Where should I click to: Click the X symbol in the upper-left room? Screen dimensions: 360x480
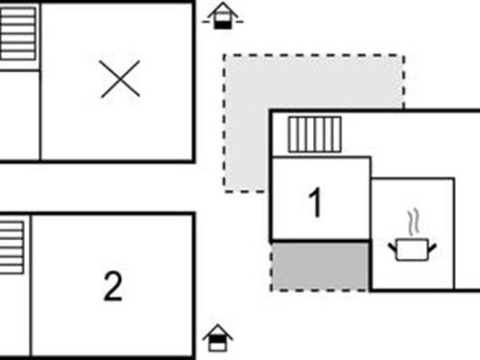[120, 79]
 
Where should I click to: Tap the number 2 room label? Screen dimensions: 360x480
[113, 286]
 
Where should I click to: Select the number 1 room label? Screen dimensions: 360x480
[315, 203]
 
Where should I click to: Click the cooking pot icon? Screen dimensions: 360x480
[412, 249]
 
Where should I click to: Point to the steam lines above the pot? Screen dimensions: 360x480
[413, 223]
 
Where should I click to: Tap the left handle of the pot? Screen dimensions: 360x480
[393, 248]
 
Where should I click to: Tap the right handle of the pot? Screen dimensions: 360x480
[432, 248]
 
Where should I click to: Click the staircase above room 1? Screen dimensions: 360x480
[315, 134]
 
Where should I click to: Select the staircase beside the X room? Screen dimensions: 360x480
[17, 34]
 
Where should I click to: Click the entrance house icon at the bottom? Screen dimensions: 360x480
[218, 339]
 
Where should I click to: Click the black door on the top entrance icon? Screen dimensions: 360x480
[222, 22]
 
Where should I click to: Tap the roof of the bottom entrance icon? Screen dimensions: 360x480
[218, 331]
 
